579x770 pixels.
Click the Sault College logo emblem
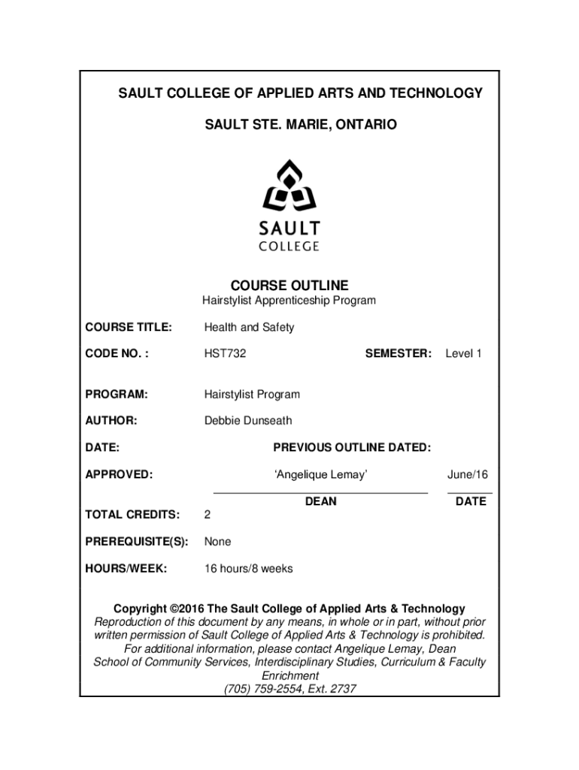pos(289,186)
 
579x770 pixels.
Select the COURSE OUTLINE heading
pos(289,286)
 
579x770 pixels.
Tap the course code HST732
pos(225,353)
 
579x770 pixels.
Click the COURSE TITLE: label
pos(129,327)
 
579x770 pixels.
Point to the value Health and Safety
pos(249,327)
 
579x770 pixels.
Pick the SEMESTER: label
pos(398,353)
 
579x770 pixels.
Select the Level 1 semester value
pos(463,353)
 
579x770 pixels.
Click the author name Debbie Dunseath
pos(248,420)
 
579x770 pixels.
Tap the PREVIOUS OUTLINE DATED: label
pos(352,447)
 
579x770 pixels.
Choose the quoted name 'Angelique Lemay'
pos(321,474)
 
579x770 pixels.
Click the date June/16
pos(468,474)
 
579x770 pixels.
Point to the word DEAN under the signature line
pos(321,502)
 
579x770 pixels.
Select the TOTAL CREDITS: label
pos(132,515)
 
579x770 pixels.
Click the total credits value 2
pos(208,515)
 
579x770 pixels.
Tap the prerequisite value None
pos(218,541)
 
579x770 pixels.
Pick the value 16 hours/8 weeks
pos(249,568)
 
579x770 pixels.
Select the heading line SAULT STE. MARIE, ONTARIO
pos(289,123)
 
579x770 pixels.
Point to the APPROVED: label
pos(119,474)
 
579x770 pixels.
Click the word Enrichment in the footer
pos(289,675)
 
